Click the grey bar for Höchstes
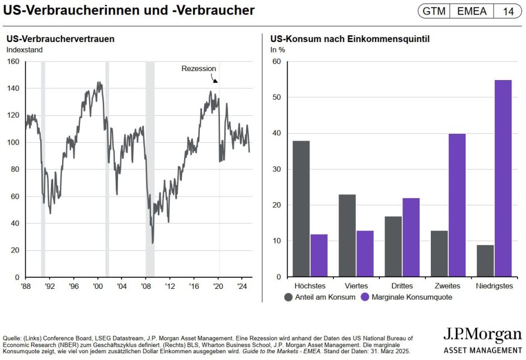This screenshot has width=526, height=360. pyautogui.click(x=301, y=209)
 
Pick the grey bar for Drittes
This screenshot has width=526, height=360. pyautogui.click(x=393, y=246)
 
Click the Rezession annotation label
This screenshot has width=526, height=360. pyautogui.click(x=199, y=68)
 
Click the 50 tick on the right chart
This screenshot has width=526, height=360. pyautogui.click(x=275, y=97)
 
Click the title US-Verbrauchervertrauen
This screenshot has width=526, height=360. pyautogui.click(x=60, y=39)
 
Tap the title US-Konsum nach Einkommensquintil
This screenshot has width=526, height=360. pyautogui.click(x=350, y=39)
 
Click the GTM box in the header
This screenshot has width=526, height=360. pyautogui.click(x=434, y=11)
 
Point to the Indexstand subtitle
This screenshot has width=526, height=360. pyautogui.click(x=25, y=49)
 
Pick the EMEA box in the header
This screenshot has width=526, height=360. pyautogui.click(x=472, y=11)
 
